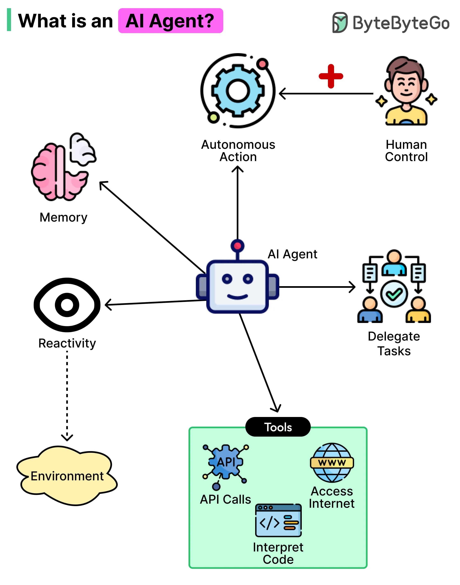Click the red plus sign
[x=331, y=76]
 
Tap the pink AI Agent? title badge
[x=170, y=21]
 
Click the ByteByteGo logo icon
[x=340, y=22]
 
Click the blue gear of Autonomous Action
[x=238, y=91]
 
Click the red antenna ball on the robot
[x=237, y=246]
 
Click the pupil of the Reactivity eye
[x=67, y=305]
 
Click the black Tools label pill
[x=278, y=427]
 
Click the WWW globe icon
[x=332, y=463]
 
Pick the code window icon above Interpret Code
[x=278, y=520]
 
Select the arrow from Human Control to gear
[x=326, y=94]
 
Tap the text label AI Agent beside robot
[x=292, y=254]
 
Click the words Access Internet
[x=332, y=498]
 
